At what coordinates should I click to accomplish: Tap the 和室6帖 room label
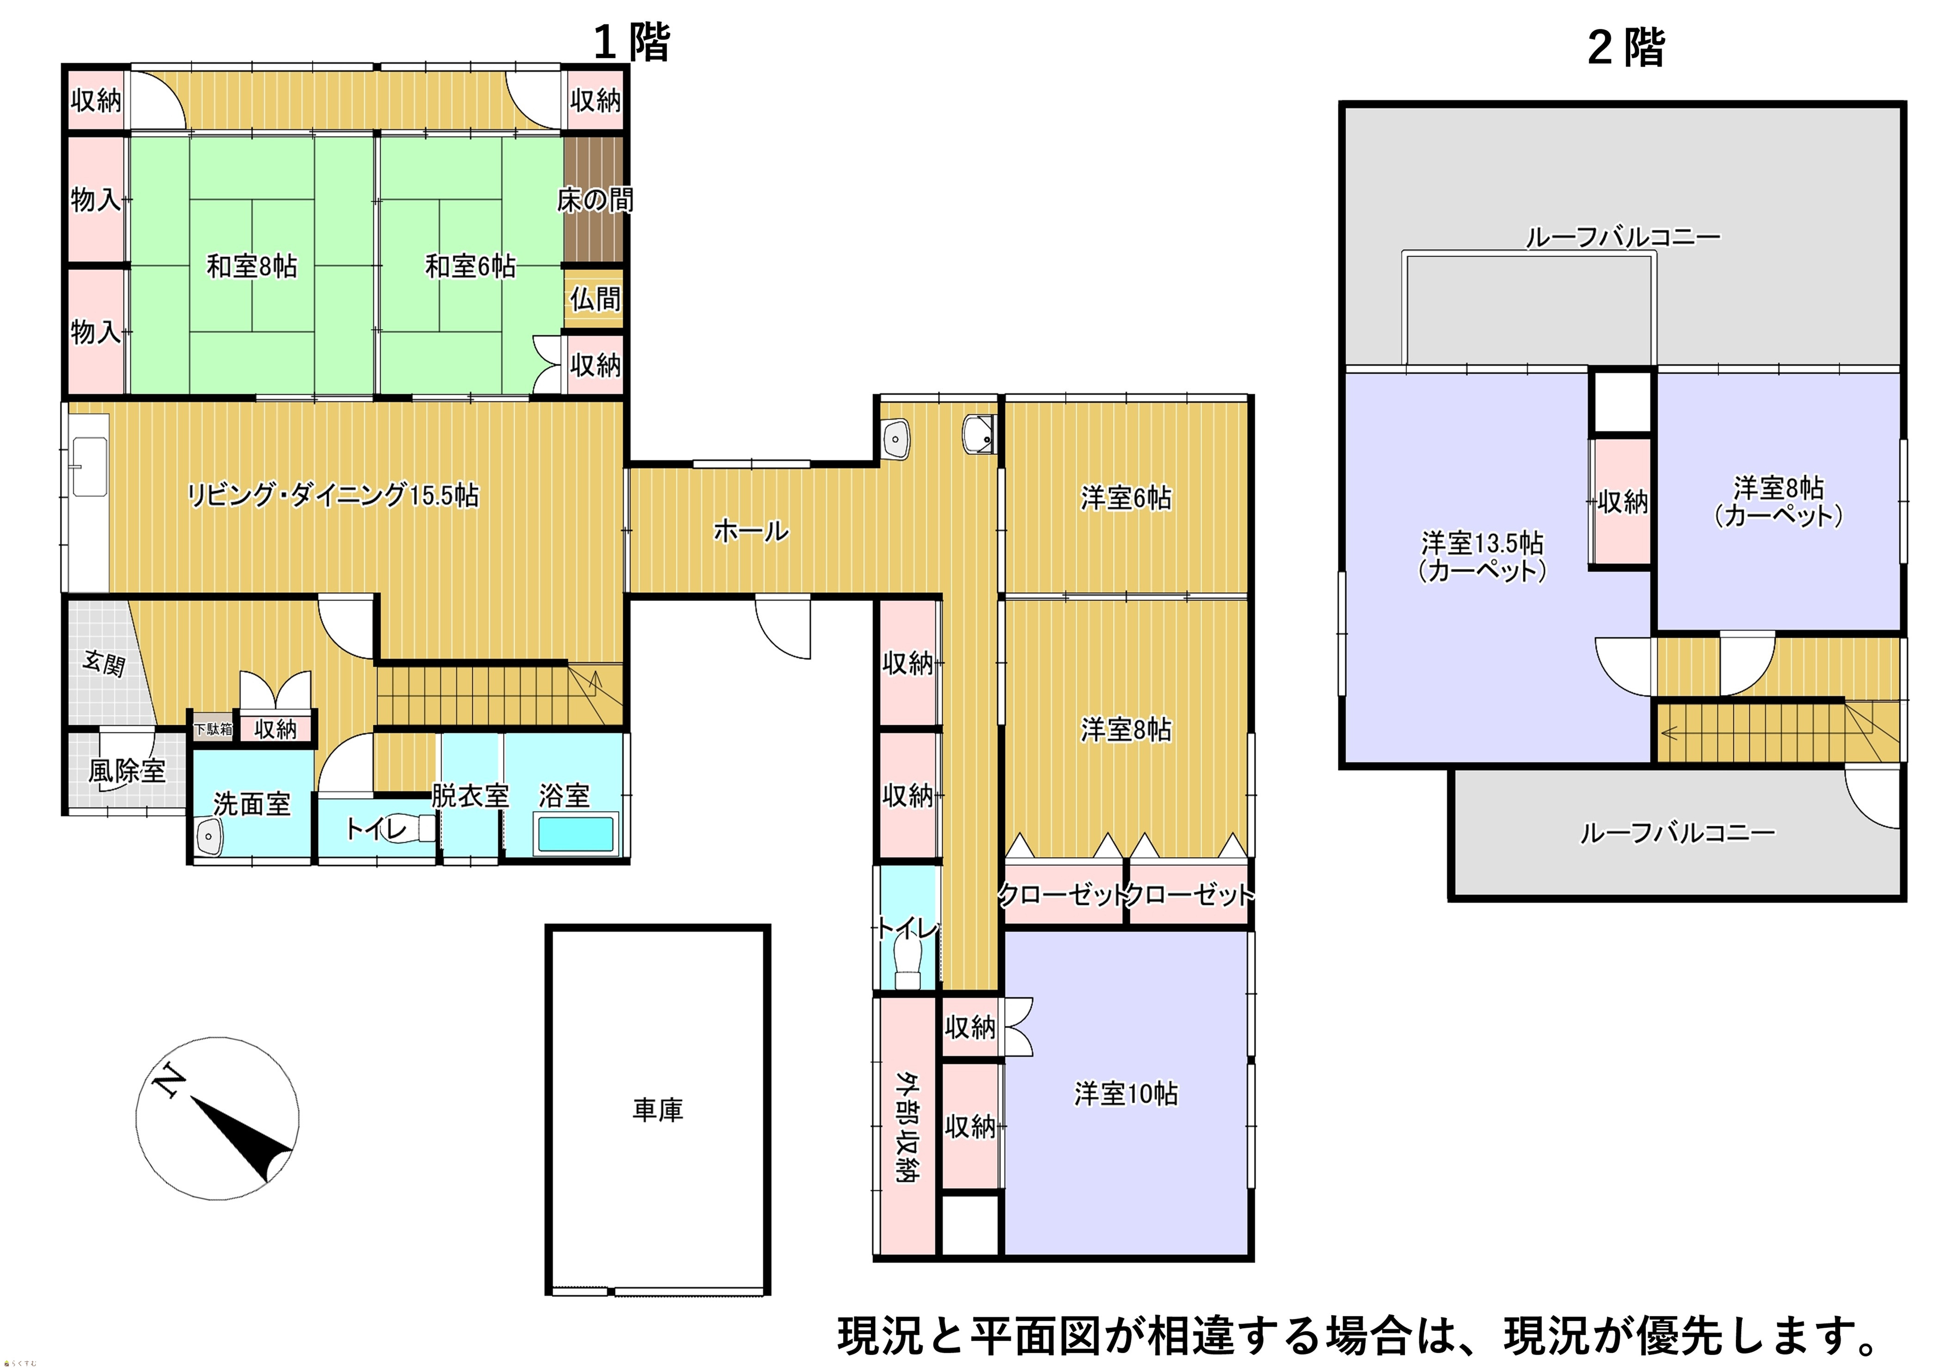coord(470,267)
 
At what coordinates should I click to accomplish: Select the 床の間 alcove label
coord(595,200)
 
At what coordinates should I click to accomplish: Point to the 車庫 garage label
coord(657,1110)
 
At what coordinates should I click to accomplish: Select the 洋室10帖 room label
coord(1126,1094)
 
